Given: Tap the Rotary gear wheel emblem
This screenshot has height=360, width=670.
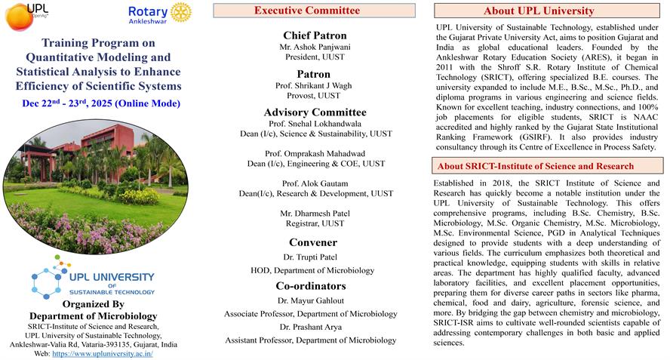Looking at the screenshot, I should (180, 12).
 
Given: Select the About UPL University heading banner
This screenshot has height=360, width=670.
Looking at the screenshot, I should (549, 11).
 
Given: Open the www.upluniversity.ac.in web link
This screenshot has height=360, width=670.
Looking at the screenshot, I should (103, 352).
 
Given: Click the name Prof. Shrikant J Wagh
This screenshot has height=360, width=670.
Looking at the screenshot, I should (314, 85).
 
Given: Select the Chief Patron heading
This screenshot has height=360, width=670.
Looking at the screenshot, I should (315, 35).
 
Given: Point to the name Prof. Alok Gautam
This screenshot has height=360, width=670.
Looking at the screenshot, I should (315, 183).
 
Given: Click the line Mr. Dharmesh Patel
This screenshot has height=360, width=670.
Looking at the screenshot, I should (315, 214).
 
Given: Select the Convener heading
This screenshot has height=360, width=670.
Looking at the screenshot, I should (313, 242).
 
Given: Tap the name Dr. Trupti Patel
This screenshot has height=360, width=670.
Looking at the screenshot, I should (312, 257).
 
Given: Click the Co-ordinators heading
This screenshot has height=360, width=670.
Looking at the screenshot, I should (311, 286).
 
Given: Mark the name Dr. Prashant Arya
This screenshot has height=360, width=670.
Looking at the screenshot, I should (310, 327).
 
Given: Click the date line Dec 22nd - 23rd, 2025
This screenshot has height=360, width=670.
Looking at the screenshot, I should (101, 103).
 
